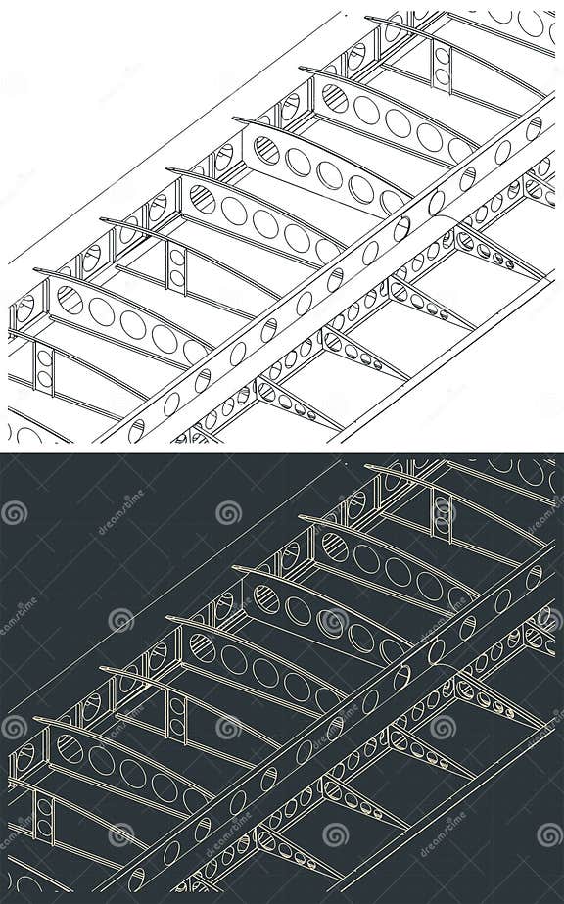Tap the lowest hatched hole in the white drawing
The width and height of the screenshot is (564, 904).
coord(70,299)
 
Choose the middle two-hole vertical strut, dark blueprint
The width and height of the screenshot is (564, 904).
coord(177,714)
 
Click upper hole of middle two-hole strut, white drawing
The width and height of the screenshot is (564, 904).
coord(177,257)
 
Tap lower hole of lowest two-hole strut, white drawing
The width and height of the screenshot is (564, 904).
coord(44,377)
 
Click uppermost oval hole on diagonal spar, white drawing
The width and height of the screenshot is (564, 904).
coord(534,128)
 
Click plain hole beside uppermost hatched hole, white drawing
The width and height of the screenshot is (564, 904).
coord(367,110)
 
